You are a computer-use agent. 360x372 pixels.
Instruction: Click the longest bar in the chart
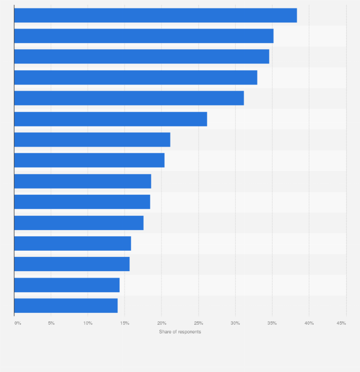click(155, 15)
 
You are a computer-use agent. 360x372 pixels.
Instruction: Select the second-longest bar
click(144, 36)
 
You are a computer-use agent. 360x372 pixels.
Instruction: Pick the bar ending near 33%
click(136, 77)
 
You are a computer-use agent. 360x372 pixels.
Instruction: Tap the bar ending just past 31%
click(129, 98)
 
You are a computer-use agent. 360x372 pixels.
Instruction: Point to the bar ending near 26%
click(110, 119)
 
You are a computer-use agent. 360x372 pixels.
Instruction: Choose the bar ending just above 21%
click(92, 139)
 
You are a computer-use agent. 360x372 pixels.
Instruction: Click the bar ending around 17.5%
click(79, 223)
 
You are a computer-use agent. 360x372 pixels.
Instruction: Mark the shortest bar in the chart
click(66, 306)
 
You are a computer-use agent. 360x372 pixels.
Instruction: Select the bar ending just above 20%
click(89, 160)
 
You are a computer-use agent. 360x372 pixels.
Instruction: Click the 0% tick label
click(18, 323)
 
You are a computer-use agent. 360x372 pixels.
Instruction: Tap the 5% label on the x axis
click(51, 323)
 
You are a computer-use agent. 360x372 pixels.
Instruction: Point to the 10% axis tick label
click(88, 323)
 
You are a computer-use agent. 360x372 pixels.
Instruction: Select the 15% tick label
click(125, 323)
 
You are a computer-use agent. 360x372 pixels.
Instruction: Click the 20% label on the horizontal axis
click(161, 323)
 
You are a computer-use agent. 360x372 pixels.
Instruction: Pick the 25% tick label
click(199, 323)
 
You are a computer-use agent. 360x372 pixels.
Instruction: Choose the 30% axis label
click(235, 323)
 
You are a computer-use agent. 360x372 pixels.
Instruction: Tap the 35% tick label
click(272, 323)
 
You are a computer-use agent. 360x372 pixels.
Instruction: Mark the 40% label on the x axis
click(309, 323)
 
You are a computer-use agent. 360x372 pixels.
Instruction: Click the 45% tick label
click(341, 323)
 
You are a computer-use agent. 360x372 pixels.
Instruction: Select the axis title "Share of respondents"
click(180, 332)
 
